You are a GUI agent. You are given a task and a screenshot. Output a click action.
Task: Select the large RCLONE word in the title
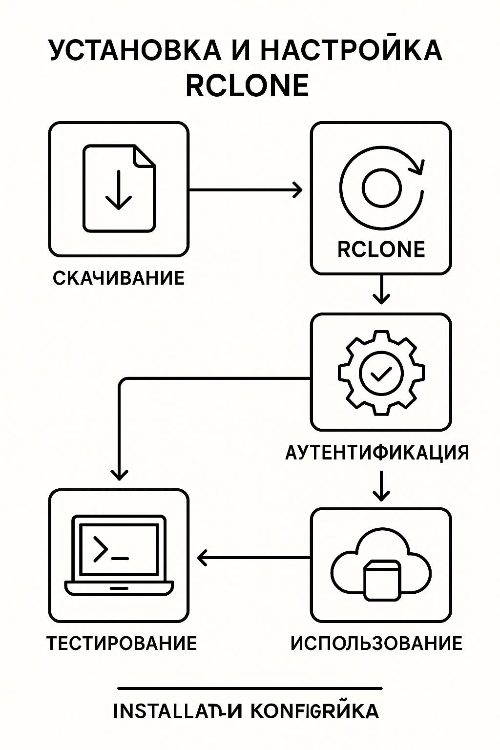247,86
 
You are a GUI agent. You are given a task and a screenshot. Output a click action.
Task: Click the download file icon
119,188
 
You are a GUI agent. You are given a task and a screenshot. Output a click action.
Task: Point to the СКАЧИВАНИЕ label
119,278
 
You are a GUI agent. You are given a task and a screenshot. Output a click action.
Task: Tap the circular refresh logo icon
381,188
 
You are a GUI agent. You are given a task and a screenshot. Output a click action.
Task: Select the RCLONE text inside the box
381,250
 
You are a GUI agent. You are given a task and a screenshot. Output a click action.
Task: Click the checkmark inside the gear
381,374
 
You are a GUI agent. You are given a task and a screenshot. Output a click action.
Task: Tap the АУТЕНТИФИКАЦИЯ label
377,453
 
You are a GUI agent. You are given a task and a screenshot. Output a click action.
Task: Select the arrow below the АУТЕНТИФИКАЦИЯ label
381,485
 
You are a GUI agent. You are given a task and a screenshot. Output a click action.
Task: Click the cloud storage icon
381,566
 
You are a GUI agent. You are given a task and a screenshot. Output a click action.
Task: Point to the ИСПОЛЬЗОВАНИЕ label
376,643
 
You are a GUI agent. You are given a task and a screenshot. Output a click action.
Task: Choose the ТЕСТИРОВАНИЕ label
122,643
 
